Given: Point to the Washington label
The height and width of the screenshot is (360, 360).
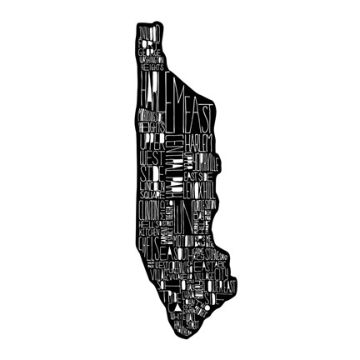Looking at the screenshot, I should pos(151,59).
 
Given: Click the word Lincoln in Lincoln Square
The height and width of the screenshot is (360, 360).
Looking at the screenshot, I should pos(151,185).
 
